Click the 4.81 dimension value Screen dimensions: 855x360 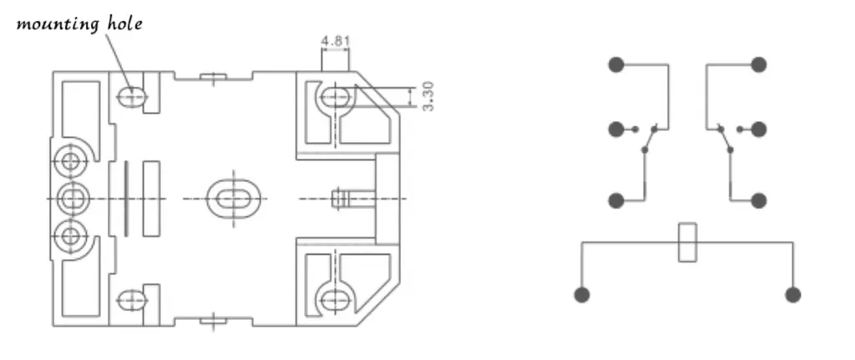[x=335, y=41]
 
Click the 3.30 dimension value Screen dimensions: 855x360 [x=428, y=96]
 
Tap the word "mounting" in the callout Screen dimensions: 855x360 [x=58, y=25]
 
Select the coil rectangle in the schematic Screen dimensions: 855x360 [x=687, y=242]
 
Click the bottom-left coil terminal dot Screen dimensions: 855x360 [x=582, y=295]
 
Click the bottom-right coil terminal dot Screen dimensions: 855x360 [x=793, y=295]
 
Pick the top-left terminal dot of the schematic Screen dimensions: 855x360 [x=616, y=64]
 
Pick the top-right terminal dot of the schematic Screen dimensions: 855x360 [x=758, y=64]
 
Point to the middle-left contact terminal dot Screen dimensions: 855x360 [x=616, y=129]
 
